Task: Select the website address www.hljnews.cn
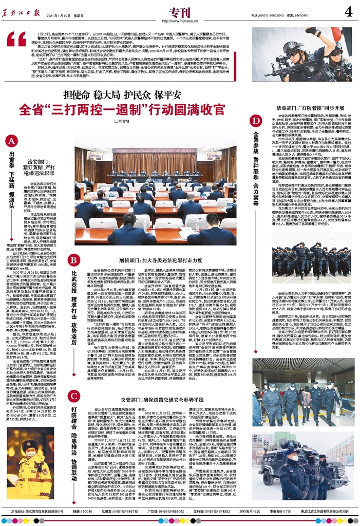(x=179, y=22)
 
